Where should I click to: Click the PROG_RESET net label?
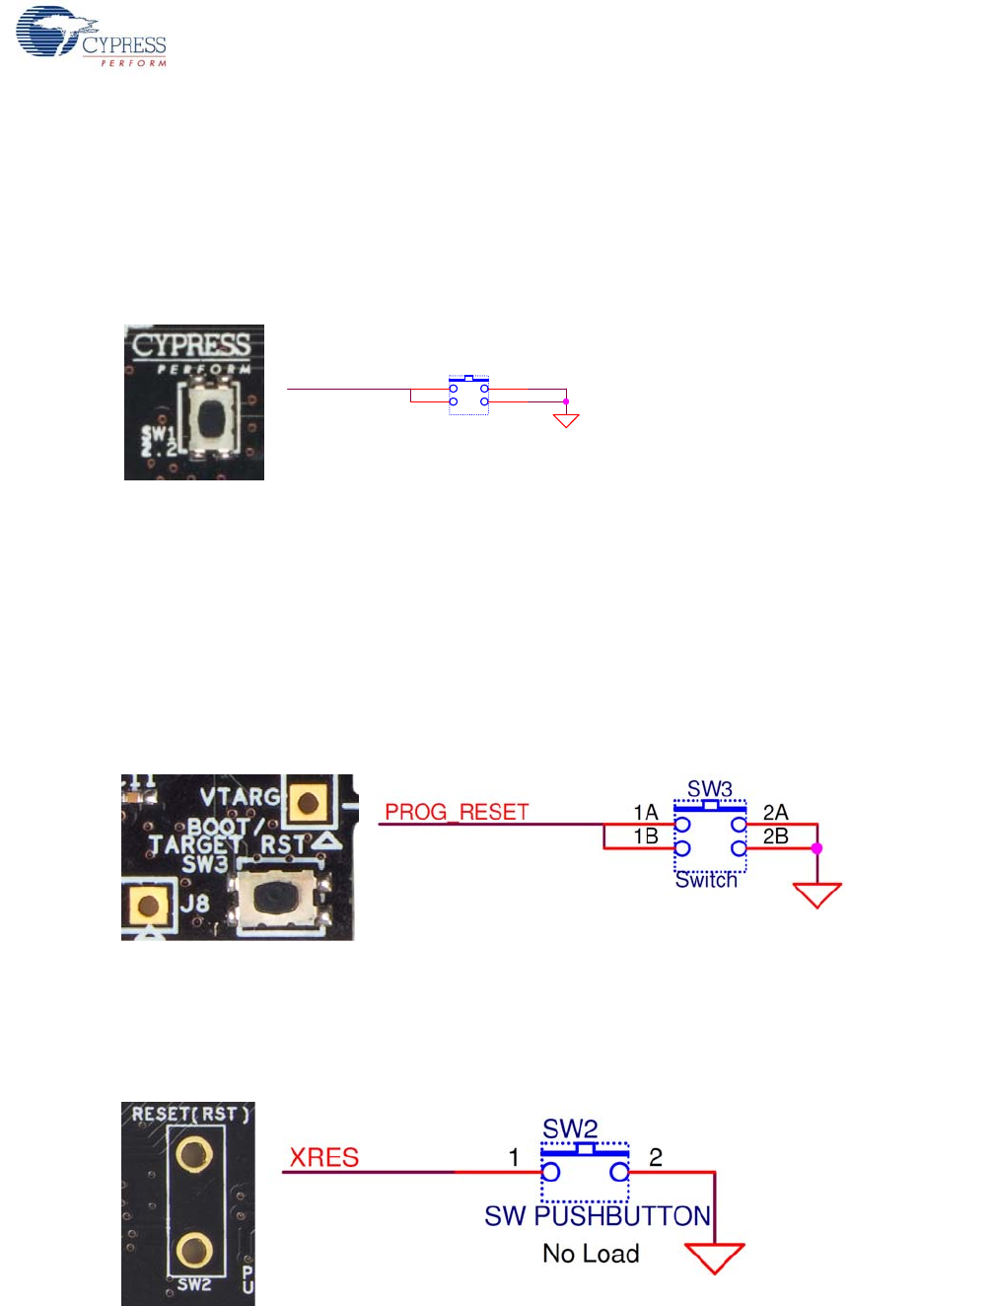pos(457,812)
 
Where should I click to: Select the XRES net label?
pos(323,1157)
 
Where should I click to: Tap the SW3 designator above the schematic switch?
pos(710,789)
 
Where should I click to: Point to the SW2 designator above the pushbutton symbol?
pos(570,1128)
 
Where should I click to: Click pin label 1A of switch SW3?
pos(646,812)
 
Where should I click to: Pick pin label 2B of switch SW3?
pos(776,836)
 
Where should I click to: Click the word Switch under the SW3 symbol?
pos(706,880)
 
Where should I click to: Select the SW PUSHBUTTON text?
pos(597,1216)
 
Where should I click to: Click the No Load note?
pos(591,1254)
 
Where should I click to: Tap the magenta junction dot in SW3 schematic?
pos(816,848)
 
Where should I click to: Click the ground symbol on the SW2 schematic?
pos(714,1258)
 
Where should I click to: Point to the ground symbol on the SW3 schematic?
pos(817,895)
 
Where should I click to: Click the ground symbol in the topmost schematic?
pos(566,420)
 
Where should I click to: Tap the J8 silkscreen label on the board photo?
pos(194,903)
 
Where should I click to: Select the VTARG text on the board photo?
pos(240,796)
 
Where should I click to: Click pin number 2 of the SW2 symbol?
pos(656,1156)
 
